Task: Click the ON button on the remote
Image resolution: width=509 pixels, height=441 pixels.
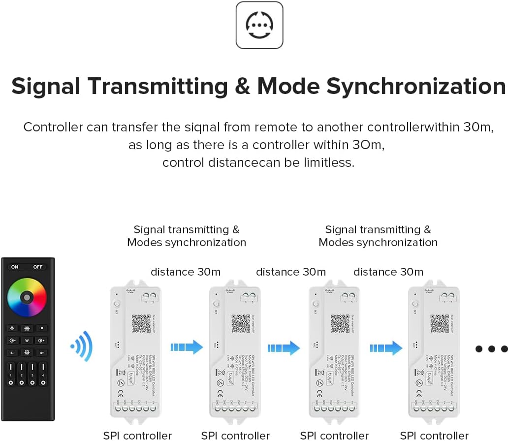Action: pyautogui.click(x=15, y=267)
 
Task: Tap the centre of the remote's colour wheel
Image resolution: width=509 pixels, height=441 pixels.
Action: pyautogui.click(x=27, y=297)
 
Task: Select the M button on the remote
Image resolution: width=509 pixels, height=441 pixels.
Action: pyautogui.click(x=42, y=328)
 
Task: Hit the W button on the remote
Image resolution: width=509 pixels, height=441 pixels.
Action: pyautogui.click(x=27, y=340)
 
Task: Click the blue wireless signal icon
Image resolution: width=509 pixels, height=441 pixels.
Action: pyautogui.click(x=82, y=346)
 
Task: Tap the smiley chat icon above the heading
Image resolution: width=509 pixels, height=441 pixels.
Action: pyautogui.click(x=259, y=25)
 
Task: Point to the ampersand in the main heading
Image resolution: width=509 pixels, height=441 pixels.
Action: pyautogui.click(x=242, y=86)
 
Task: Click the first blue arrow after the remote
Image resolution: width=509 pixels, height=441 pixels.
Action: pyautogui.click(x=187, y=347)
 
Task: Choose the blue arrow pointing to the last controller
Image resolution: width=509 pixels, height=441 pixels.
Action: pyautogui.click(x=386, y=347)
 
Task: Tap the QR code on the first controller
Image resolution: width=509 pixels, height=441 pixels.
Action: pyautogui.click(x=141, y=323)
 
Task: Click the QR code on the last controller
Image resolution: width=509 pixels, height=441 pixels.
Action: pyautogui.click(x=440, y=323)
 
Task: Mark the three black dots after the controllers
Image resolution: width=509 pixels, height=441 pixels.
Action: pyautogui.click(x=491, y=349)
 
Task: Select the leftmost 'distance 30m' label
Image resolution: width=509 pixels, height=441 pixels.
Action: pyautogui.click(x=186, y=272)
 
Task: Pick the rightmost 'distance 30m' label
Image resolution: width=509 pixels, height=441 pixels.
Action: pyautogui.click(x=388, y=272)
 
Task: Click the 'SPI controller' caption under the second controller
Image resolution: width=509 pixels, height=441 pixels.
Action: pyautogui.click(x=235, y=435)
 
